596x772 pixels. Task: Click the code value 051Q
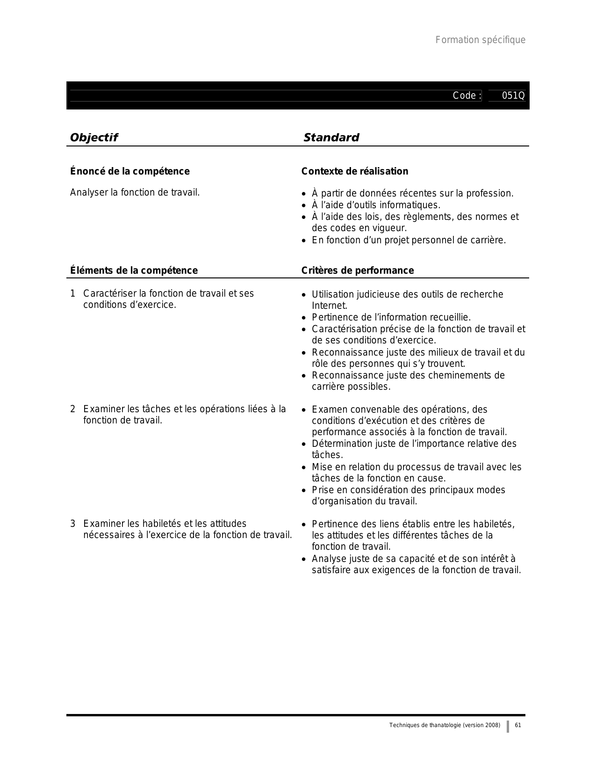point(513,96)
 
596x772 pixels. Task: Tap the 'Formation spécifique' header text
point(480,40)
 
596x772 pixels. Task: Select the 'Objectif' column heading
point(93,138)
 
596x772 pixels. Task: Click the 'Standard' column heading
point(331,138)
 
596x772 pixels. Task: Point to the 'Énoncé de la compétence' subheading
point(129,171)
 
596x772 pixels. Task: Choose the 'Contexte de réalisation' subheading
point(354,171)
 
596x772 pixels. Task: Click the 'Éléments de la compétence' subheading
point(134,270)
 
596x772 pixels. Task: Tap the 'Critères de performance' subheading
point(357,270)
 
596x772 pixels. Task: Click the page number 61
point(517,725)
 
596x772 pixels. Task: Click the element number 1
point(72,294)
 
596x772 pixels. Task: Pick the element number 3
point(72,524)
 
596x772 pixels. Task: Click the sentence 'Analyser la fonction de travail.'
point(135,192)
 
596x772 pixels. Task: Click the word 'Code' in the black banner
point(464,96)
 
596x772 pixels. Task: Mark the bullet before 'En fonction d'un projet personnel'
point(304,241)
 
